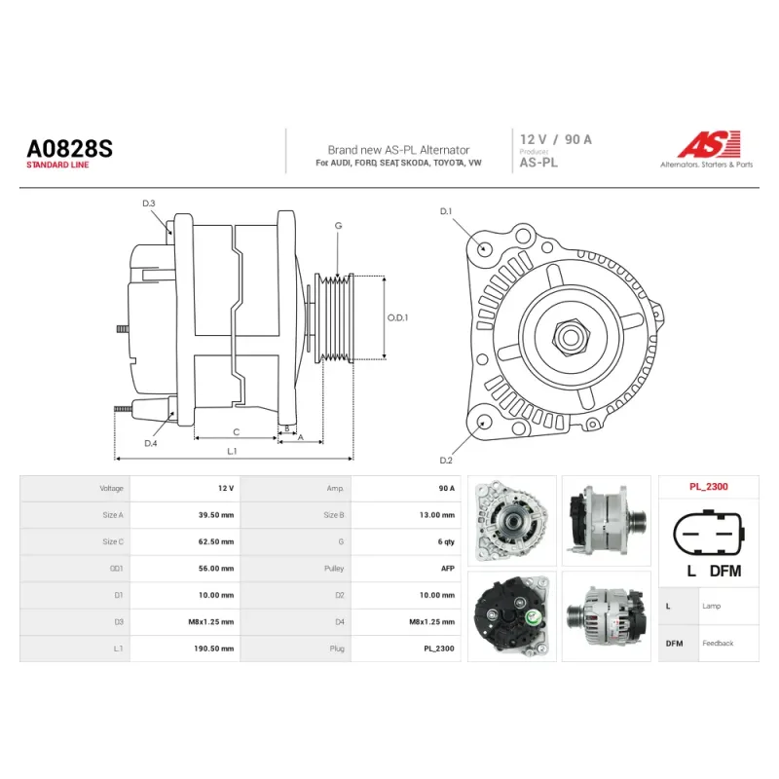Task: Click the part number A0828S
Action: (x=69, y=149)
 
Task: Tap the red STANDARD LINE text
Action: (x=57, y=165)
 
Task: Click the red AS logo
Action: (x=709, y=144)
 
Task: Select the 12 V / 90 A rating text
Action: (x=556, y=139)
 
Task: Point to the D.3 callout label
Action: (x=149, y=204)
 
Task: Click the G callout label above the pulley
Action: (x=338, y=226)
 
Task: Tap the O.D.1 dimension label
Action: (x=397, y=317)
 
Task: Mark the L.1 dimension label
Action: (x=232, y=451)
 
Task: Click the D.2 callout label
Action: (x=446, y=461)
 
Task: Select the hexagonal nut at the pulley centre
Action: (x=571, y=337)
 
